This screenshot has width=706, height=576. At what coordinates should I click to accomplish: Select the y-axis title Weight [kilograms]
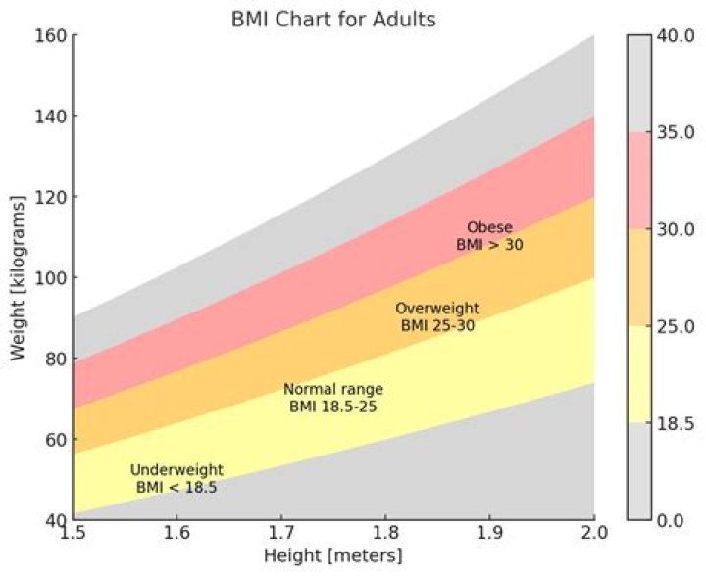coord(19,277)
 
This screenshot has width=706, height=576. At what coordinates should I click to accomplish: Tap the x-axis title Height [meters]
coord(333,555)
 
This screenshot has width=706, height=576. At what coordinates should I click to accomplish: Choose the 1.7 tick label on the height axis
coord(280,535)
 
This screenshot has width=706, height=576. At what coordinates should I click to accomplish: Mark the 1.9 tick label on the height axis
coord(489,535)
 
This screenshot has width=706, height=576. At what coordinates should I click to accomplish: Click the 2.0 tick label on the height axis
coord(594,535)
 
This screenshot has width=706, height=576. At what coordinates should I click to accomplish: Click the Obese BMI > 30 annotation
coord(489,236)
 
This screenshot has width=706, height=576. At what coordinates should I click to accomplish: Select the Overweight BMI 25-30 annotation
coord(437,316)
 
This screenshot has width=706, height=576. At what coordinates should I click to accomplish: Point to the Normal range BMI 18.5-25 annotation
coord(333,397)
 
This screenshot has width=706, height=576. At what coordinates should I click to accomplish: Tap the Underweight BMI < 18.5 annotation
coord(176,477)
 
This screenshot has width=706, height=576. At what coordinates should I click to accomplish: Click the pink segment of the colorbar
coord(639,180)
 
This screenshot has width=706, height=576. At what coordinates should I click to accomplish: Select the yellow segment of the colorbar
coord(639,374)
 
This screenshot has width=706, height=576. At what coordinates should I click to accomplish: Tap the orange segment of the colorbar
coord(639,277)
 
